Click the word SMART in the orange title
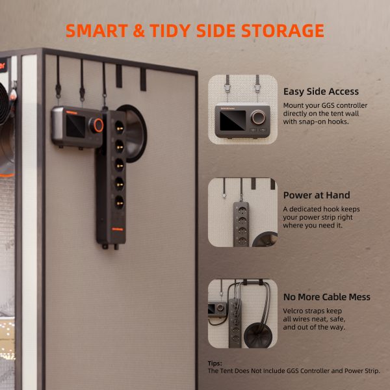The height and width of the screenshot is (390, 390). tap(97, 31)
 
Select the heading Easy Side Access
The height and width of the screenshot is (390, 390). tap(321, 92)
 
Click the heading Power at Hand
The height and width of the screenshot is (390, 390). tap(317, 195)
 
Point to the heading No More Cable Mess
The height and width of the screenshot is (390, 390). tap(326, 297)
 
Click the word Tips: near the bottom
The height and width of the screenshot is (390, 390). tap(215, 363)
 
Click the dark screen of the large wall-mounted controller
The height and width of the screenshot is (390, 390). tap(75, 126)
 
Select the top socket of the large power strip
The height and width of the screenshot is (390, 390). tap(119, 127)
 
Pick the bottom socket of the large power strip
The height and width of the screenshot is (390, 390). tap(120, 202)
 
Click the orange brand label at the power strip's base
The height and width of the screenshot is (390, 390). tap(118, 229)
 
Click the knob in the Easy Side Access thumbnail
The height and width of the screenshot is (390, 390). tap(258, 118)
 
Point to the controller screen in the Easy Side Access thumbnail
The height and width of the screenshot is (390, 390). tap(233, 120)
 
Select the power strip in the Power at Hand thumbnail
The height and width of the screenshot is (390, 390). tap(241, 224)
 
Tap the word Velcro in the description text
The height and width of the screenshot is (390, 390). tap(292, 311)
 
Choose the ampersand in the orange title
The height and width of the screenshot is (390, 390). tap(139, 31)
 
